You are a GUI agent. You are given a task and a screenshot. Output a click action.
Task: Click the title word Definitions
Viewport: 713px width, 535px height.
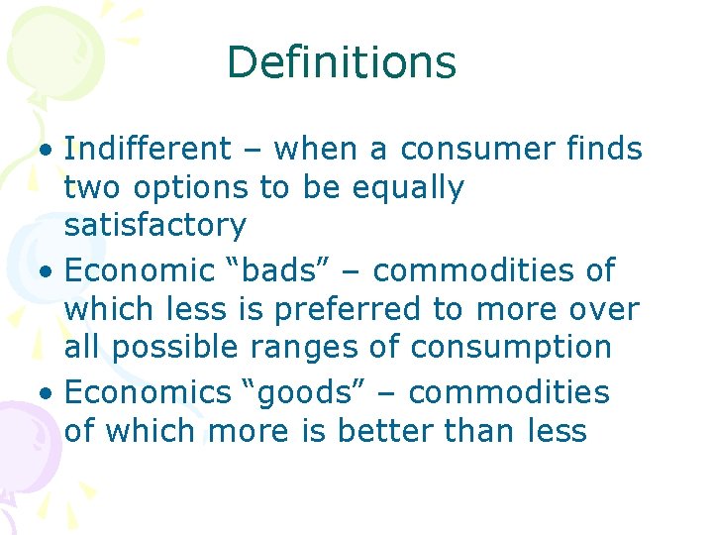point(341,62)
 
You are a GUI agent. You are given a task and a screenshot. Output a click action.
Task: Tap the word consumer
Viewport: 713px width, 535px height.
point(479,150)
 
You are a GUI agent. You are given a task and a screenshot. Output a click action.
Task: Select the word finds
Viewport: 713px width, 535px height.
point(605,150)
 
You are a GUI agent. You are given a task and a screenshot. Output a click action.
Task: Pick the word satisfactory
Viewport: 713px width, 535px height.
point(154,225)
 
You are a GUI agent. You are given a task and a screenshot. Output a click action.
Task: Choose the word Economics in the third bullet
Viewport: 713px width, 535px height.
point(147,392)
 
